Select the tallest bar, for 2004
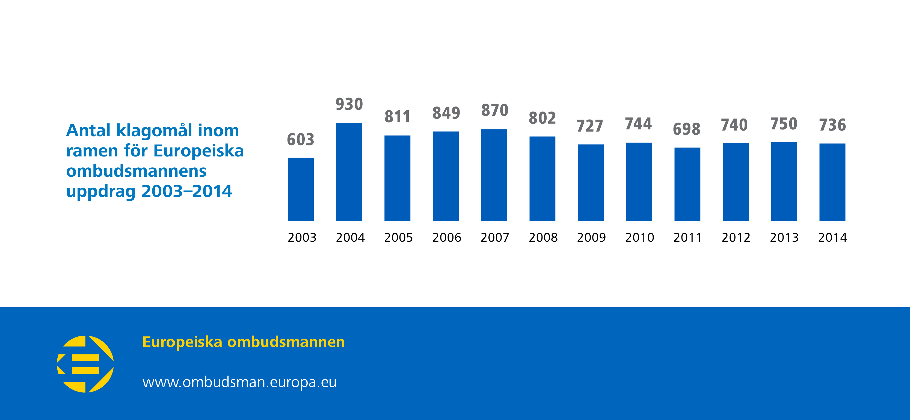(349, 172)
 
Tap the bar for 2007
(494, 175)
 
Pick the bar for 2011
(687, 184)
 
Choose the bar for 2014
(832, 182)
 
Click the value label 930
(349, 104)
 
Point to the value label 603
(301, 140)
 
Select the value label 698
(686, 129)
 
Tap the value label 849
(446, 113)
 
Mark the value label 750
(784, 124)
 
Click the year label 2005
(398, 237)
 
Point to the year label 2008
(543, 237)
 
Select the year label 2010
(640, 237)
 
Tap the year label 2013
(784, 237)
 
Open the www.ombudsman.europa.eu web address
(239, 382)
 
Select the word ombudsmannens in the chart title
(136, 171)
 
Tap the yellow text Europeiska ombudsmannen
(243, 342)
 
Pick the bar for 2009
(591, 183)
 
